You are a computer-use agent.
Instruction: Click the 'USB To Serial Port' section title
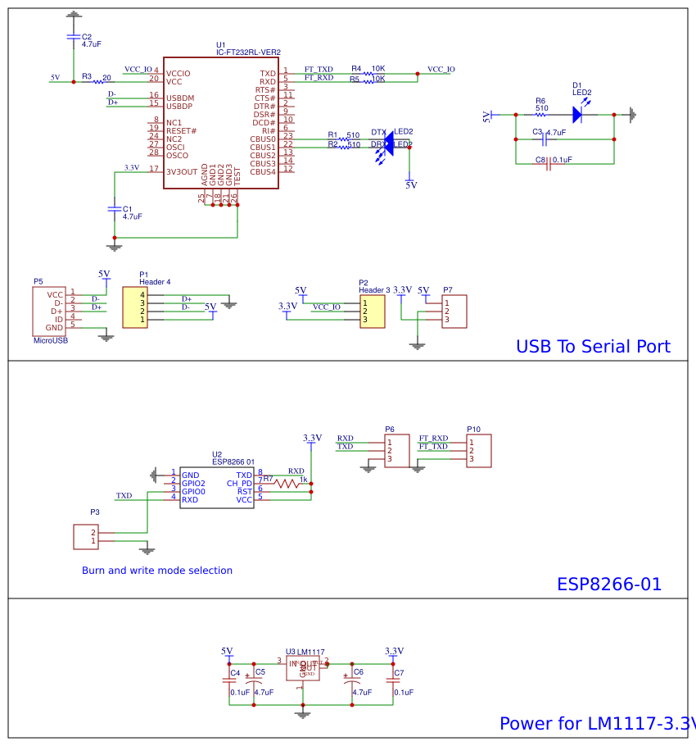pyautogui.click(x=592, y=346)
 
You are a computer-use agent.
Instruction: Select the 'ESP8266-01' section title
pyautogui.click(x=608, y=584)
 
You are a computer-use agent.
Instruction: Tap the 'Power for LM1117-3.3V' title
pyautogui.click(x=596, y=724)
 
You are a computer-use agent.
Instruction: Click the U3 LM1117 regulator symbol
pyautogui.click(x=303, y=668)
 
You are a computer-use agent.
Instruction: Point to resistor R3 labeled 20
pyautogui.click(x=100, y=81)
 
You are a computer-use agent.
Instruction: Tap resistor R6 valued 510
pyautogui.click(x=540, y=115)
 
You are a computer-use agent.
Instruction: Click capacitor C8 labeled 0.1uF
pyautogui.click(x=548, y=164)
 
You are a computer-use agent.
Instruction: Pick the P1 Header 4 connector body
pyautogui.click(x=135, y=307)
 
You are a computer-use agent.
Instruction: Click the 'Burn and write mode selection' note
pyautogui.click(x=156, y=571)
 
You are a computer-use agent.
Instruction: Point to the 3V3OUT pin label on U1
pyautogui.click(x=182, y=171)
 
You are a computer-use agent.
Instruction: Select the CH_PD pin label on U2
pyautogui.click(x=239, y=483)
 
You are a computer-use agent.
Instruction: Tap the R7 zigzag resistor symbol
pyautogui.click(x=288, y=484)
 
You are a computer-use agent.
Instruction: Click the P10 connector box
pyautogui.click(x=479, y=451)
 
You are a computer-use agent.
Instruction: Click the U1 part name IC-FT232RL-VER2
pyautogui.click(x=248, y=52)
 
